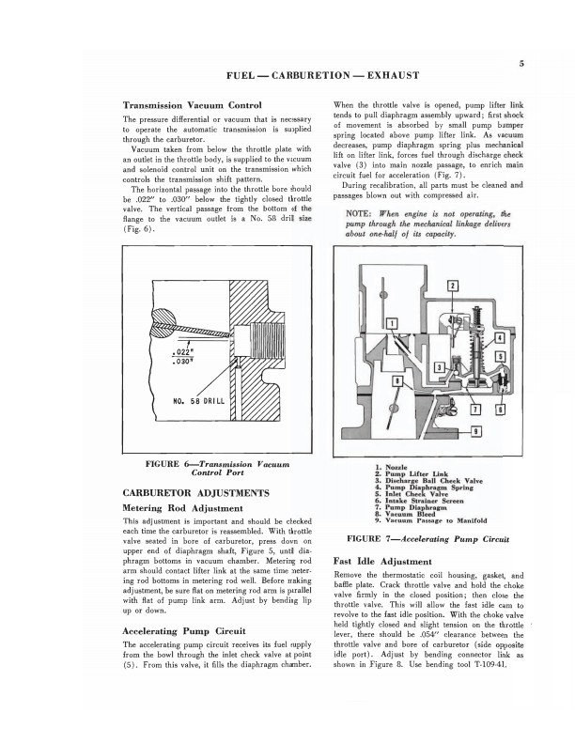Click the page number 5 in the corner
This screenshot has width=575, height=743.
tap(520, 63)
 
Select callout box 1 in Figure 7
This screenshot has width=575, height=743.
tap(391, 324)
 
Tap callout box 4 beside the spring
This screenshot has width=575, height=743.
tap(499, 337)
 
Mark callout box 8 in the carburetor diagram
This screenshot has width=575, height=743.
tap(500, 409)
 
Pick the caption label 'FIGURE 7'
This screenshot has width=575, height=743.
tap(376, 540)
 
